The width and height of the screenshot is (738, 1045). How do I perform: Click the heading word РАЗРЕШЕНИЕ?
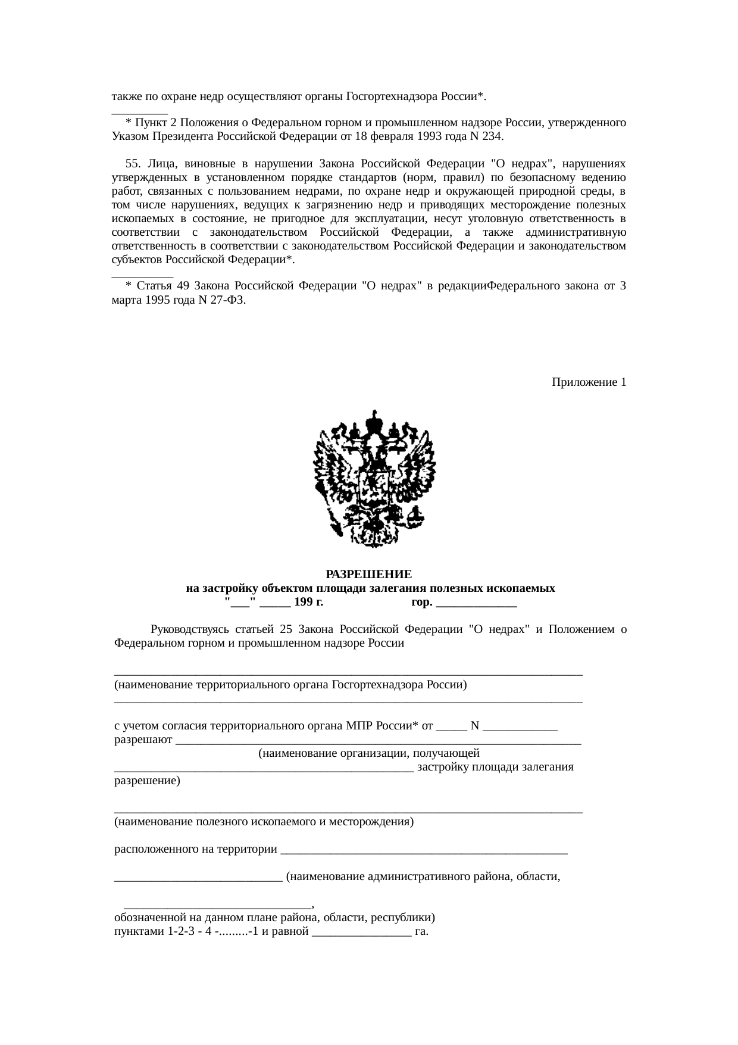coord(368,575)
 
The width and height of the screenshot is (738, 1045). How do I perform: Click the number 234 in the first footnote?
coord(493,136)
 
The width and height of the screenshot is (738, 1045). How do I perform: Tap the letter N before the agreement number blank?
coord(474,726)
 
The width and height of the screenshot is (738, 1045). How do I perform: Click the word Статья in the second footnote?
coord(154,286)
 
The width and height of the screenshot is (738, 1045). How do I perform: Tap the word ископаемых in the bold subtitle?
coord(521,589)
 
